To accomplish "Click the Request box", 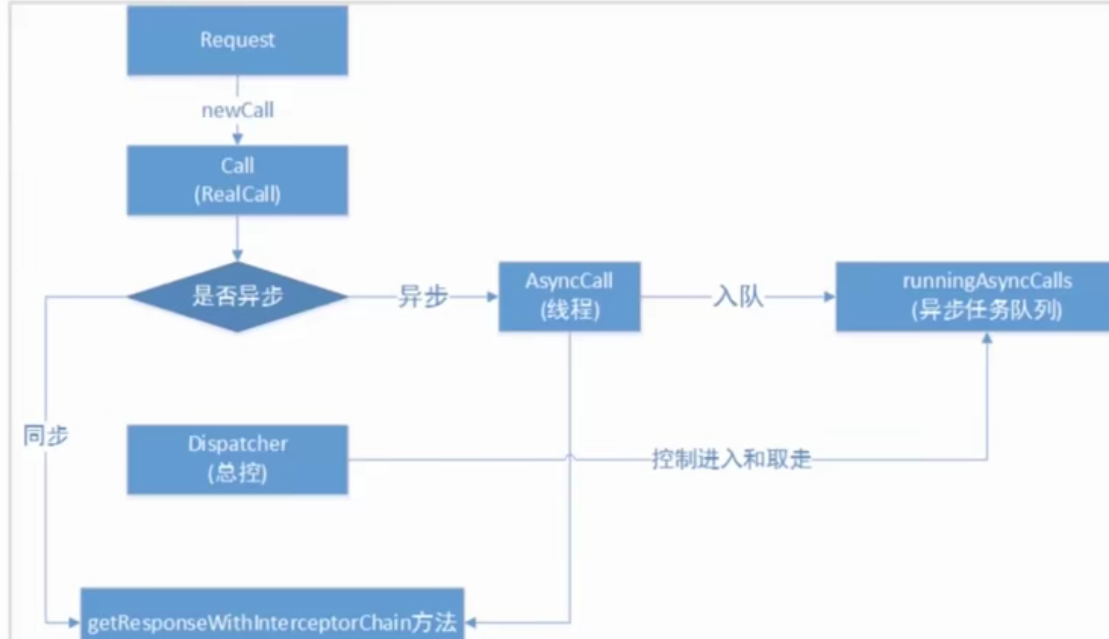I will tap(237, 40).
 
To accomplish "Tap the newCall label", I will tap(237, 110).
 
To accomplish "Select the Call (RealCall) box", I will tap(237, 180).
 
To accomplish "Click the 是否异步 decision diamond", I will tap(237, 296).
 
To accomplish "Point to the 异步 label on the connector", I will tap(422, 296).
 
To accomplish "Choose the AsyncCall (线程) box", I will tap(569, 296).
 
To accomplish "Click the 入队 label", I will tap(738, 296).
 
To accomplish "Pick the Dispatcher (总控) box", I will tap(237, 459).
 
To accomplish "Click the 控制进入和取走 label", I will tap(731, 459).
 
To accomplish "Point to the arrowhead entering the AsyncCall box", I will tap(492, 296).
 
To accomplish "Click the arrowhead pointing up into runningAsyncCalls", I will tap(987, 337).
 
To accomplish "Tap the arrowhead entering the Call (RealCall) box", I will tap(237, 139).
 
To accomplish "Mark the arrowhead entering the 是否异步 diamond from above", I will tap(237, 256).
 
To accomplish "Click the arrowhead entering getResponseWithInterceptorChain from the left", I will tap(74, 623).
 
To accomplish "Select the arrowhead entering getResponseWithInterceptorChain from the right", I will tap(471, 623).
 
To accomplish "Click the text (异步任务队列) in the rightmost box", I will tap(986, 311).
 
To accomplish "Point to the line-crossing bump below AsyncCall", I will tap(570, 456).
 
